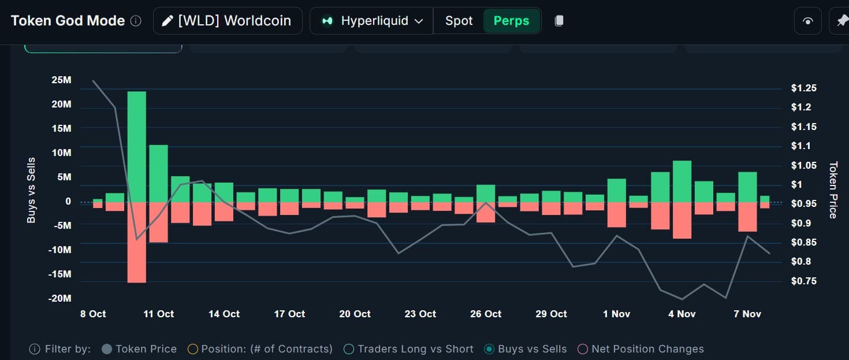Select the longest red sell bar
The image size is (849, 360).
137,242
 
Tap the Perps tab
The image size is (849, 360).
511,21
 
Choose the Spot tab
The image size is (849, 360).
459,21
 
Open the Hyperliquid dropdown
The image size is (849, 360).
372,21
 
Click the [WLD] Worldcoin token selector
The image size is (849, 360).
228,21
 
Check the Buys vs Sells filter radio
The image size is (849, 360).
489,349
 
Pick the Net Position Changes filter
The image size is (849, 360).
583,349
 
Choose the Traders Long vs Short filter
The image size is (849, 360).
349,349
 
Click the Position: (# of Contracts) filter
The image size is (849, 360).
193,349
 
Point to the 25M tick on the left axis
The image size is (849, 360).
61,80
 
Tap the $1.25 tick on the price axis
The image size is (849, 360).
804,88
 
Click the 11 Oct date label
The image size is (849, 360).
158,314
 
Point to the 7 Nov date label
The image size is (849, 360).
747,314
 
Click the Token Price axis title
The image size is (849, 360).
833,190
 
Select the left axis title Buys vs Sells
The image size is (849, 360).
31,190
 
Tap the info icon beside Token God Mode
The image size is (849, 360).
136,21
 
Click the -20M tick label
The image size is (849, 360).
60,298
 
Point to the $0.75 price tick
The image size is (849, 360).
804,281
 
